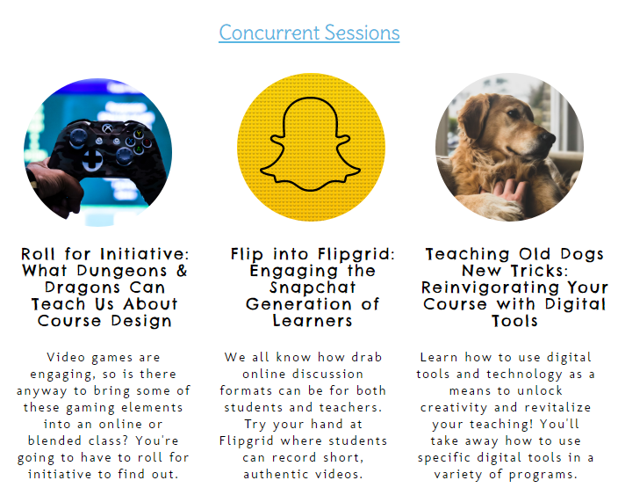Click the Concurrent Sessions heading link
coord(309,33)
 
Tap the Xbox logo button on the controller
coord(107,127)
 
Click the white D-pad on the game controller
coord(93,160)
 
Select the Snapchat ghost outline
coord(310,144)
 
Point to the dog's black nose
coord(549,138)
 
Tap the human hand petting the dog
coord(510,189)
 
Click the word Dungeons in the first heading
coord(122,271)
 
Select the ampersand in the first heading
coord(182,271)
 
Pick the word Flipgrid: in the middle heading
coord(356,255)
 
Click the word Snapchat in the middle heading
coord(313,288)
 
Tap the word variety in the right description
coord(458,475)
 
